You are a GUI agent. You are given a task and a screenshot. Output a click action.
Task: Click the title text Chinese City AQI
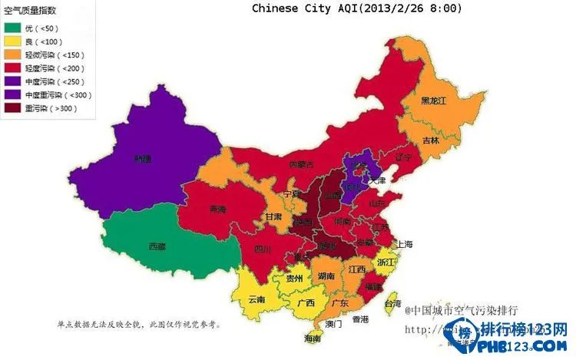357,8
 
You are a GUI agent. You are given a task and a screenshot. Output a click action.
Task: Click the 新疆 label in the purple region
143,160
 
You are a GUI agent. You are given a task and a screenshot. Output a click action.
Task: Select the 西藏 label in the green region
157,246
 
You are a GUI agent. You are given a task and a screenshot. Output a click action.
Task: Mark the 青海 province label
218,210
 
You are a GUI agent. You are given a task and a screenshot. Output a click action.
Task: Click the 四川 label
263,249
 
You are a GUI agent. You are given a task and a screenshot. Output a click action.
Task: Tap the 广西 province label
306,302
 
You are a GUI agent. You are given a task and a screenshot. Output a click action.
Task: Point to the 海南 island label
313,339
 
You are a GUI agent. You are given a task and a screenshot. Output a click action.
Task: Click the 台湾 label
392,304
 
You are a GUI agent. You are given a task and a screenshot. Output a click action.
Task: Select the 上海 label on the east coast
404,244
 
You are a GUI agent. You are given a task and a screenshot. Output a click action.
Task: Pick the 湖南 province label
326,276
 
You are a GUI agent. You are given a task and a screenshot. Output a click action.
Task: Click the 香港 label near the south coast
361,319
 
